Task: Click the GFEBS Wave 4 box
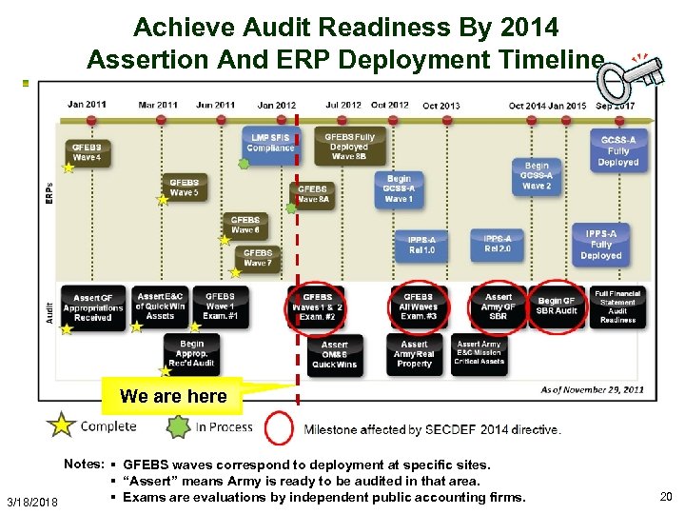pyautogui.click(x=87, y=152)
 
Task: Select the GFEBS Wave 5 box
pyautogui.click(x=185, y=188)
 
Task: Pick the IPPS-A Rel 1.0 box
pyautogui.click(x=421, y=245)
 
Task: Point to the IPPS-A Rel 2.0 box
pyautogui.click(x=498, y=244)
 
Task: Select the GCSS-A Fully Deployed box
pyautogui.click(x=618, y=151)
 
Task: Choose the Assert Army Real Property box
pyautogui.click(x=415, y=354)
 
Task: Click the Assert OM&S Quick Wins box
pyautogui.click(x=335, y=354)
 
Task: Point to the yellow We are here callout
pyautogui.click(x=173, y=396)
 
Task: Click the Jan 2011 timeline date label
pyautogui.click(x=87, y=105)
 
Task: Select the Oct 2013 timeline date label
pyautogui.click(x=441, y=106)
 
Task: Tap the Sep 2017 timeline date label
pyautogui.click(x=616, y=106)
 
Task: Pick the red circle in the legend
pyautogui.click(x=279, y=428)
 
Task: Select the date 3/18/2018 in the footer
pyautogui.click(x=31, y=502)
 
